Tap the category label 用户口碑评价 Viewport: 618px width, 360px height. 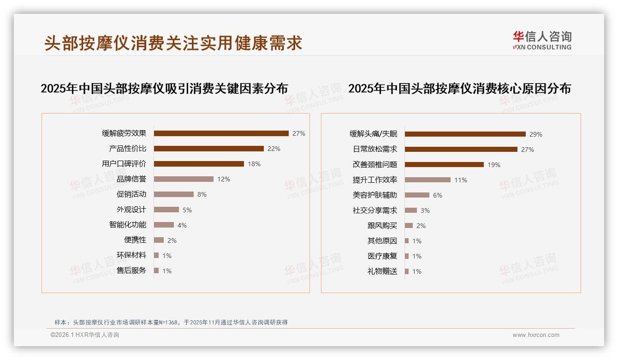click(124, 164)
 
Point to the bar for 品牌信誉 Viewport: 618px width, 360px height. click(184, 179)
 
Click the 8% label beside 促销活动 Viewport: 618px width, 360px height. click(202, 194)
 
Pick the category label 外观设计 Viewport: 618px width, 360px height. click(131, 210)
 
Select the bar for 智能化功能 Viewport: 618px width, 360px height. click(164, 225)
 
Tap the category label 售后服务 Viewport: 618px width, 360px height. click(131, 270)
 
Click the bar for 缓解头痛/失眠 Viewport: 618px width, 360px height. click(465, 134)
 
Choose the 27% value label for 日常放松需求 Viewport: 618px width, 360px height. click(528, 150)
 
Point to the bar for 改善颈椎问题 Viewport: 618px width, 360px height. click(444, 165)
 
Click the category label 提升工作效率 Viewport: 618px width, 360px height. click(375, 180)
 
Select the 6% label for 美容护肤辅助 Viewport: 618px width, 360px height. click(438, 195)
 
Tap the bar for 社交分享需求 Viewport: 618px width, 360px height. click(411, 210)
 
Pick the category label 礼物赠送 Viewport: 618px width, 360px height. click(382, 271)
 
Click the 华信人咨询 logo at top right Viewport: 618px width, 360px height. click(542, 40)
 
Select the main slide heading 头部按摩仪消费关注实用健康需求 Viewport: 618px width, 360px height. click(173, 43)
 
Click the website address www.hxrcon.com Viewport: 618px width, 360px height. click(536, 335)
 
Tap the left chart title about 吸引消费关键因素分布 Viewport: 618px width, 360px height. click(164, 89)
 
